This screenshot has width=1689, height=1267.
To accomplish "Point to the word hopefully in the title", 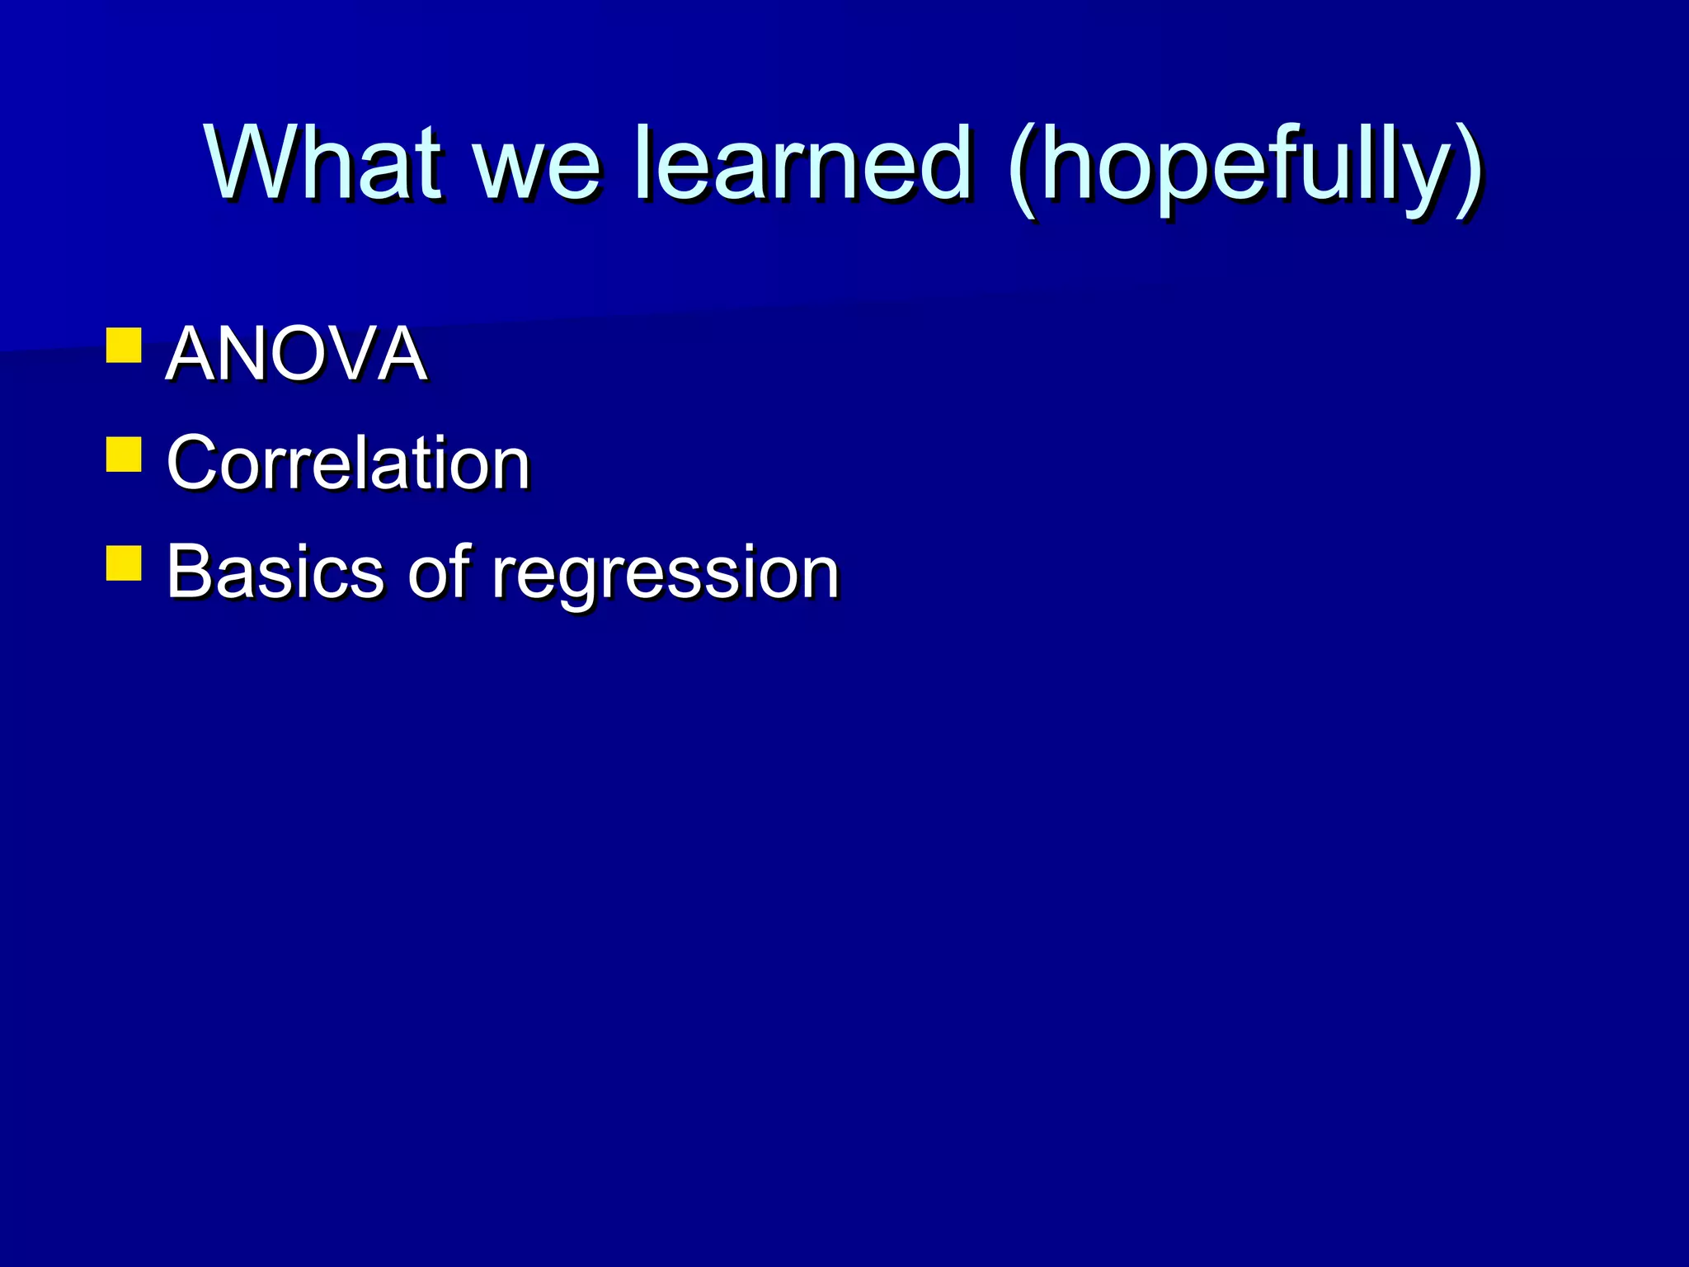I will click(x=1245, y=169).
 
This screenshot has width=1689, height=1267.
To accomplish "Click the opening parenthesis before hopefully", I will click(x=1023, y=169).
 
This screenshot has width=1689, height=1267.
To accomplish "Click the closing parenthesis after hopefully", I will click(x=1468, y=169).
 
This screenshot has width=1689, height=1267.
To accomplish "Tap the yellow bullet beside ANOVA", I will click(x=124, y=346).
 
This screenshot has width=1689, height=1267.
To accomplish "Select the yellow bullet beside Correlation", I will click(x=124, y=455).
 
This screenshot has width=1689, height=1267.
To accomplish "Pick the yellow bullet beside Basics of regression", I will click(x=124, y=563).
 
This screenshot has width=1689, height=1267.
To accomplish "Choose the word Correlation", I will click(x=347, y=463).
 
